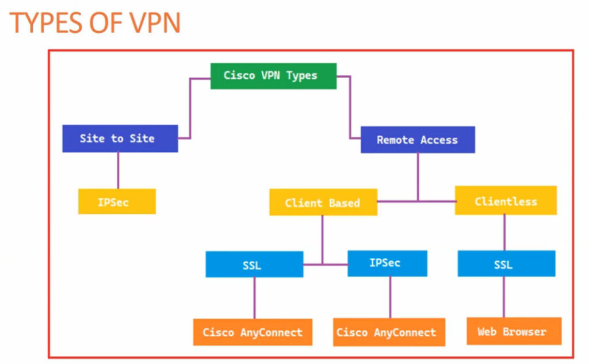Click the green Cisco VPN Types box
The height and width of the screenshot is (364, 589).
[273, 76]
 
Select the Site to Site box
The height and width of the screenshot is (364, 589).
[120, 138]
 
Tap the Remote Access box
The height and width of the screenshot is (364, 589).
[418, 140]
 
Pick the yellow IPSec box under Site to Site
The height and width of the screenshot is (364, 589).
[117, 201]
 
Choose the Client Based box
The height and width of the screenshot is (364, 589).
[323, 202]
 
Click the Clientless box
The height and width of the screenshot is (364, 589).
[506, 200]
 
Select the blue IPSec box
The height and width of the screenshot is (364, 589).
[387, 263]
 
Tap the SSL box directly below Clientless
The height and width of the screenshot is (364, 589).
[506, 263]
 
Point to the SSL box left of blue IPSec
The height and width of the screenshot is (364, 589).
[254, 264]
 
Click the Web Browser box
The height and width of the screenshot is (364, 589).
[514, 331]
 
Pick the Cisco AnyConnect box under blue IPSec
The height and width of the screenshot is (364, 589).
[389, 332]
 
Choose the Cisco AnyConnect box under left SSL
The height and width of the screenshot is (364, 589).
[253, 332]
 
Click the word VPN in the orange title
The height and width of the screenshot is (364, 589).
[155, 24]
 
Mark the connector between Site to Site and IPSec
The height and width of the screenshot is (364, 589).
[118, 171]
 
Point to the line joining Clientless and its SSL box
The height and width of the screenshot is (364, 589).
[504, 232]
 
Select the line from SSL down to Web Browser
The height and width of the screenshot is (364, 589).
[504, 297]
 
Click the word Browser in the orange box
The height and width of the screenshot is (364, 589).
[525, 332]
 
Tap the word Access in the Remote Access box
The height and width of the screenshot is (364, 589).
[439, 140]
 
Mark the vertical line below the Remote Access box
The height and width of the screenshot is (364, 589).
[418, 177]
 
